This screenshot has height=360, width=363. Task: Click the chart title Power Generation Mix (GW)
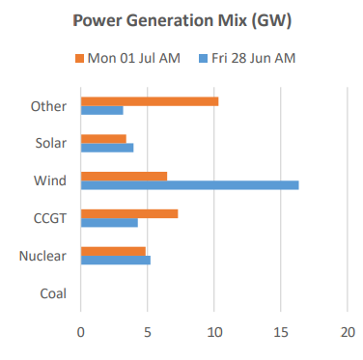coord(181,21)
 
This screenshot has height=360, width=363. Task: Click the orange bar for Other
coord(150,100)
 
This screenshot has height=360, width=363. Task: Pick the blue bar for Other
coord(101,110)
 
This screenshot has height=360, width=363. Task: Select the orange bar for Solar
coord(103,138)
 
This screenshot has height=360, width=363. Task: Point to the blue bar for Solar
coord(107,148)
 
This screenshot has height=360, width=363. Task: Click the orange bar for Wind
coord(124,176)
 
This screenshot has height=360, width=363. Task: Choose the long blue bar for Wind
coord(189,185)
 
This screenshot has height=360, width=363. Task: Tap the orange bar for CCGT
coord(129,213)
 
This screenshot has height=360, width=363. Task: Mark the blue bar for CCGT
coord(109,223)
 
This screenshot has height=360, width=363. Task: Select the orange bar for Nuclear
coord(113,251)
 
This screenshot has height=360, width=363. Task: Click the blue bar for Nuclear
coord(115,261)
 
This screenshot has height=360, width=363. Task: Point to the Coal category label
coord(52,293)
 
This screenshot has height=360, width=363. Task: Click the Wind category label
coord(50,180)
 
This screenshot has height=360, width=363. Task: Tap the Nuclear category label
coord(44,256)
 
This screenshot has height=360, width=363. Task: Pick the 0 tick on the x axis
coord(81,330)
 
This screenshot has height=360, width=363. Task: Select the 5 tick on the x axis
coord(148,330)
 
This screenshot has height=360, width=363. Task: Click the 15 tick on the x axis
coord(280,330)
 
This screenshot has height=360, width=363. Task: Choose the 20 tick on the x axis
coord(347,330)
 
